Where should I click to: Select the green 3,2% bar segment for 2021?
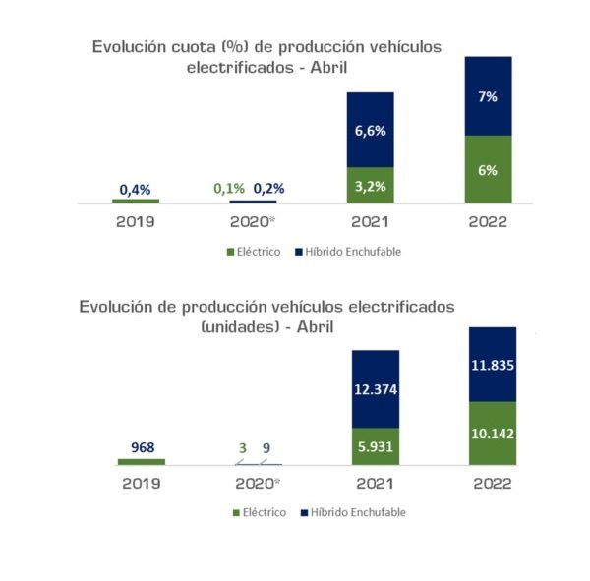[370, 184]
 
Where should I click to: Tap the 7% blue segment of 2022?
[489, 96]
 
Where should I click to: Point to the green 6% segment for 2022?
[489, 169]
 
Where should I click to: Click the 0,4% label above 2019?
[135, 189]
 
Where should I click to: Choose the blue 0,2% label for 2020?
[270, 189]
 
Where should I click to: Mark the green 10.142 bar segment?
[493, 433]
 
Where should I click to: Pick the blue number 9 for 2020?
[265, 447]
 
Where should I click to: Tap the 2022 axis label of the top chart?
[488, 222]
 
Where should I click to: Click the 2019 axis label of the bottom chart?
[136, 484]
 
